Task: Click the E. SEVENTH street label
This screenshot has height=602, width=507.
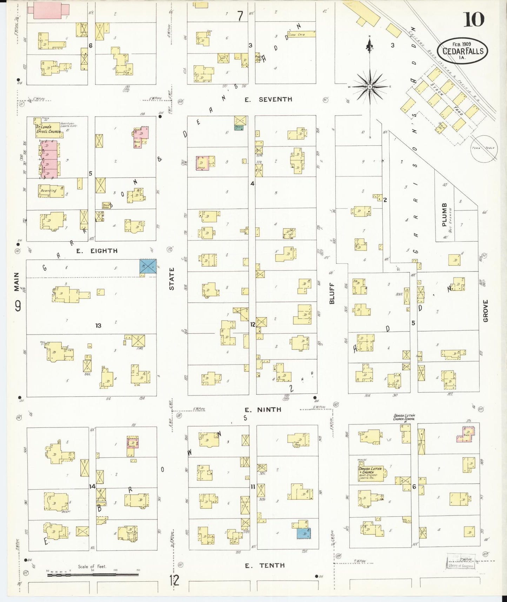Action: coord(268,100)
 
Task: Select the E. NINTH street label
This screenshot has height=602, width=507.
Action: coord(263,410)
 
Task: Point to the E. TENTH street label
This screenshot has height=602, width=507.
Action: coord(265,565)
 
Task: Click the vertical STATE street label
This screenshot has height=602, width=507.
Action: coord(172,279)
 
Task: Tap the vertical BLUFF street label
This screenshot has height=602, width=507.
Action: coord(332,293)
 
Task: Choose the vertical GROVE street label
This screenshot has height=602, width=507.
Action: coord(486,310)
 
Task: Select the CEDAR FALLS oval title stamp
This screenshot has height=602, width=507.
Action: coord(462,51)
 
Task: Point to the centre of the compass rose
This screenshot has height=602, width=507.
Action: coord(370,86)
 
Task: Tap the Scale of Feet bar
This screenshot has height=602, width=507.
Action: coord(93,575)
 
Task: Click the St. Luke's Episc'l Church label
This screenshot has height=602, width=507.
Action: coord(48,129)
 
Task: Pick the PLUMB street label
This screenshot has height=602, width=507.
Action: coord(445,215)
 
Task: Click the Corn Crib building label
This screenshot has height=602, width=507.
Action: coord(296,34)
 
